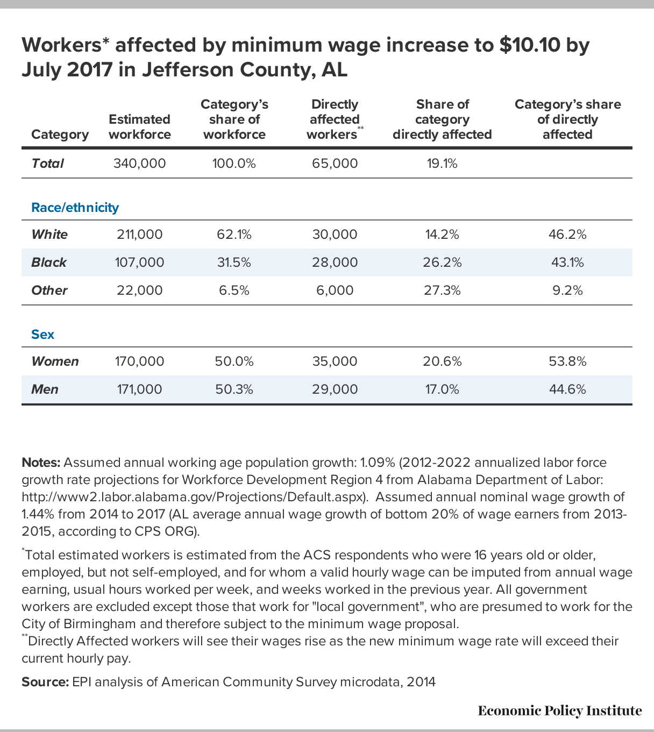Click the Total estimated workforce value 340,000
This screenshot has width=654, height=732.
[139, 164]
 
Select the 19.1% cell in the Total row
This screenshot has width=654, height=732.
[442, 164]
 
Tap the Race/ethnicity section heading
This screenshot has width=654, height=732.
[75, 208]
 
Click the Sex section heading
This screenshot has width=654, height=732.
[42, 334]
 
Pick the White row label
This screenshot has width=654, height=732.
[49, 234]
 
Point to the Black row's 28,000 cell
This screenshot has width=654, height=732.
[335, 262]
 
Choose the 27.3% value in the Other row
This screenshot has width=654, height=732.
[442, 290]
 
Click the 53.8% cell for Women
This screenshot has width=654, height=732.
[567, 361]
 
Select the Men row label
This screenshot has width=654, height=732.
[45, 389]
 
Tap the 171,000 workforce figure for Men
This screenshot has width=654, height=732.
[139, 389]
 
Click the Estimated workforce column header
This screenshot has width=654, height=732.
[139, 126]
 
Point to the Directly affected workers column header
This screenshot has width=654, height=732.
[335, 119]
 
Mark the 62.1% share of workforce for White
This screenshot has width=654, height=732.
[234, 234]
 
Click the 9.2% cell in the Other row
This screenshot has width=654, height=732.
[567, 290]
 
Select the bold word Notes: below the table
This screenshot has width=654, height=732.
[41, 463]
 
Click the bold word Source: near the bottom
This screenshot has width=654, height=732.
[45, 682]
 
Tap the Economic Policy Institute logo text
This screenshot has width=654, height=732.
[560, 710]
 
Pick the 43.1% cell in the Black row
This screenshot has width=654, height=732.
[567, 262]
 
